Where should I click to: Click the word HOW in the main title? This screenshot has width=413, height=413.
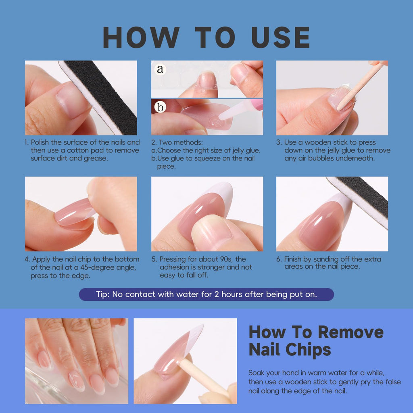142,37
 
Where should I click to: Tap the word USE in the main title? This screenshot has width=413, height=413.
281,37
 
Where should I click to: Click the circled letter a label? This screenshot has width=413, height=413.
160,69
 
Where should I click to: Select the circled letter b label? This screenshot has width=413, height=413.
160,107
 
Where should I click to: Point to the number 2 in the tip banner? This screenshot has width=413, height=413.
217,294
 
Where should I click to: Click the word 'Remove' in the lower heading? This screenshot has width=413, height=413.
350,332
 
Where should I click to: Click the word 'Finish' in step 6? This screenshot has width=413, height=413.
294,259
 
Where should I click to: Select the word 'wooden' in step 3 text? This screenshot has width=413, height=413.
318,142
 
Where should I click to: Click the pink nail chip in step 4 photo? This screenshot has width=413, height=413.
74,212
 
